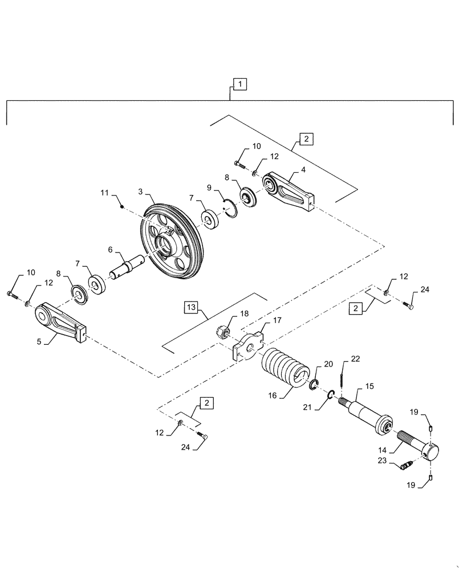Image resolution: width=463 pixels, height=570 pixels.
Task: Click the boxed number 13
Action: click(x=191, y=308)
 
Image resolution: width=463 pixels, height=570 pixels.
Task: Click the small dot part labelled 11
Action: click(x=123, y=207)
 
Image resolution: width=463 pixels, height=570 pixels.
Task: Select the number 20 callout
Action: click(x=329, y=364)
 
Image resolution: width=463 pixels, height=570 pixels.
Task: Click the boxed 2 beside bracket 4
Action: click(x=305, y=139)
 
